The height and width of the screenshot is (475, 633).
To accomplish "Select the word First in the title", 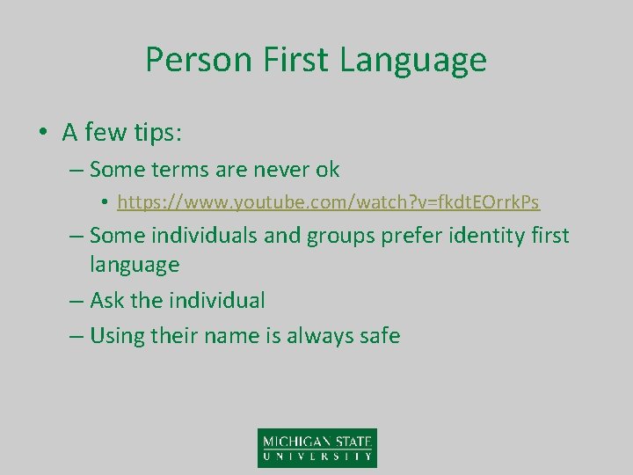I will pyautogui.click(x=292, y=60).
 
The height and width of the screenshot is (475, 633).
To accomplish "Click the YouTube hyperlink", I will pyautogui.click(x=328, y=202).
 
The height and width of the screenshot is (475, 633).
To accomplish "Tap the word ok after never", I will pyautogui.click(x=326, y=168).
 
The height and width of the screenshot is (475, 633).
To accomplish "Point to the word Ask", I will pyautogui.click(x=107, y=300).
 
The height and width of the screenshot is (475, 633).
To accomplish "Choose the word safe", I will pyautogui.click(x=376, y=335).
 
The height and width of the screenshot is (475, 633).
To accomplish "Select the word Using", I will pyautogui.click(x=119, y=335).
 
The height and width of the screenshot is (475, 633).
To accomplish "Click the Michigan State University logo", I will pyautogui.click(x=316, y=447).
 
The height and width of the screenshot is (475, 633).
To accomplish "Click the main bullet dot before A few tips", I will pyautogui.click(x=42, y=133).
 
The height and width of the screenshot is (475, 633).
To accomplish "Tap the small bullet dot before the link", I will pyautogui.click(x=105, y=203).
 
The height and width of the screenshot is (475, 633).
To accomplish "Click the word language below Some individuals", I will pyautogui.click(x=135, y=264).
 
